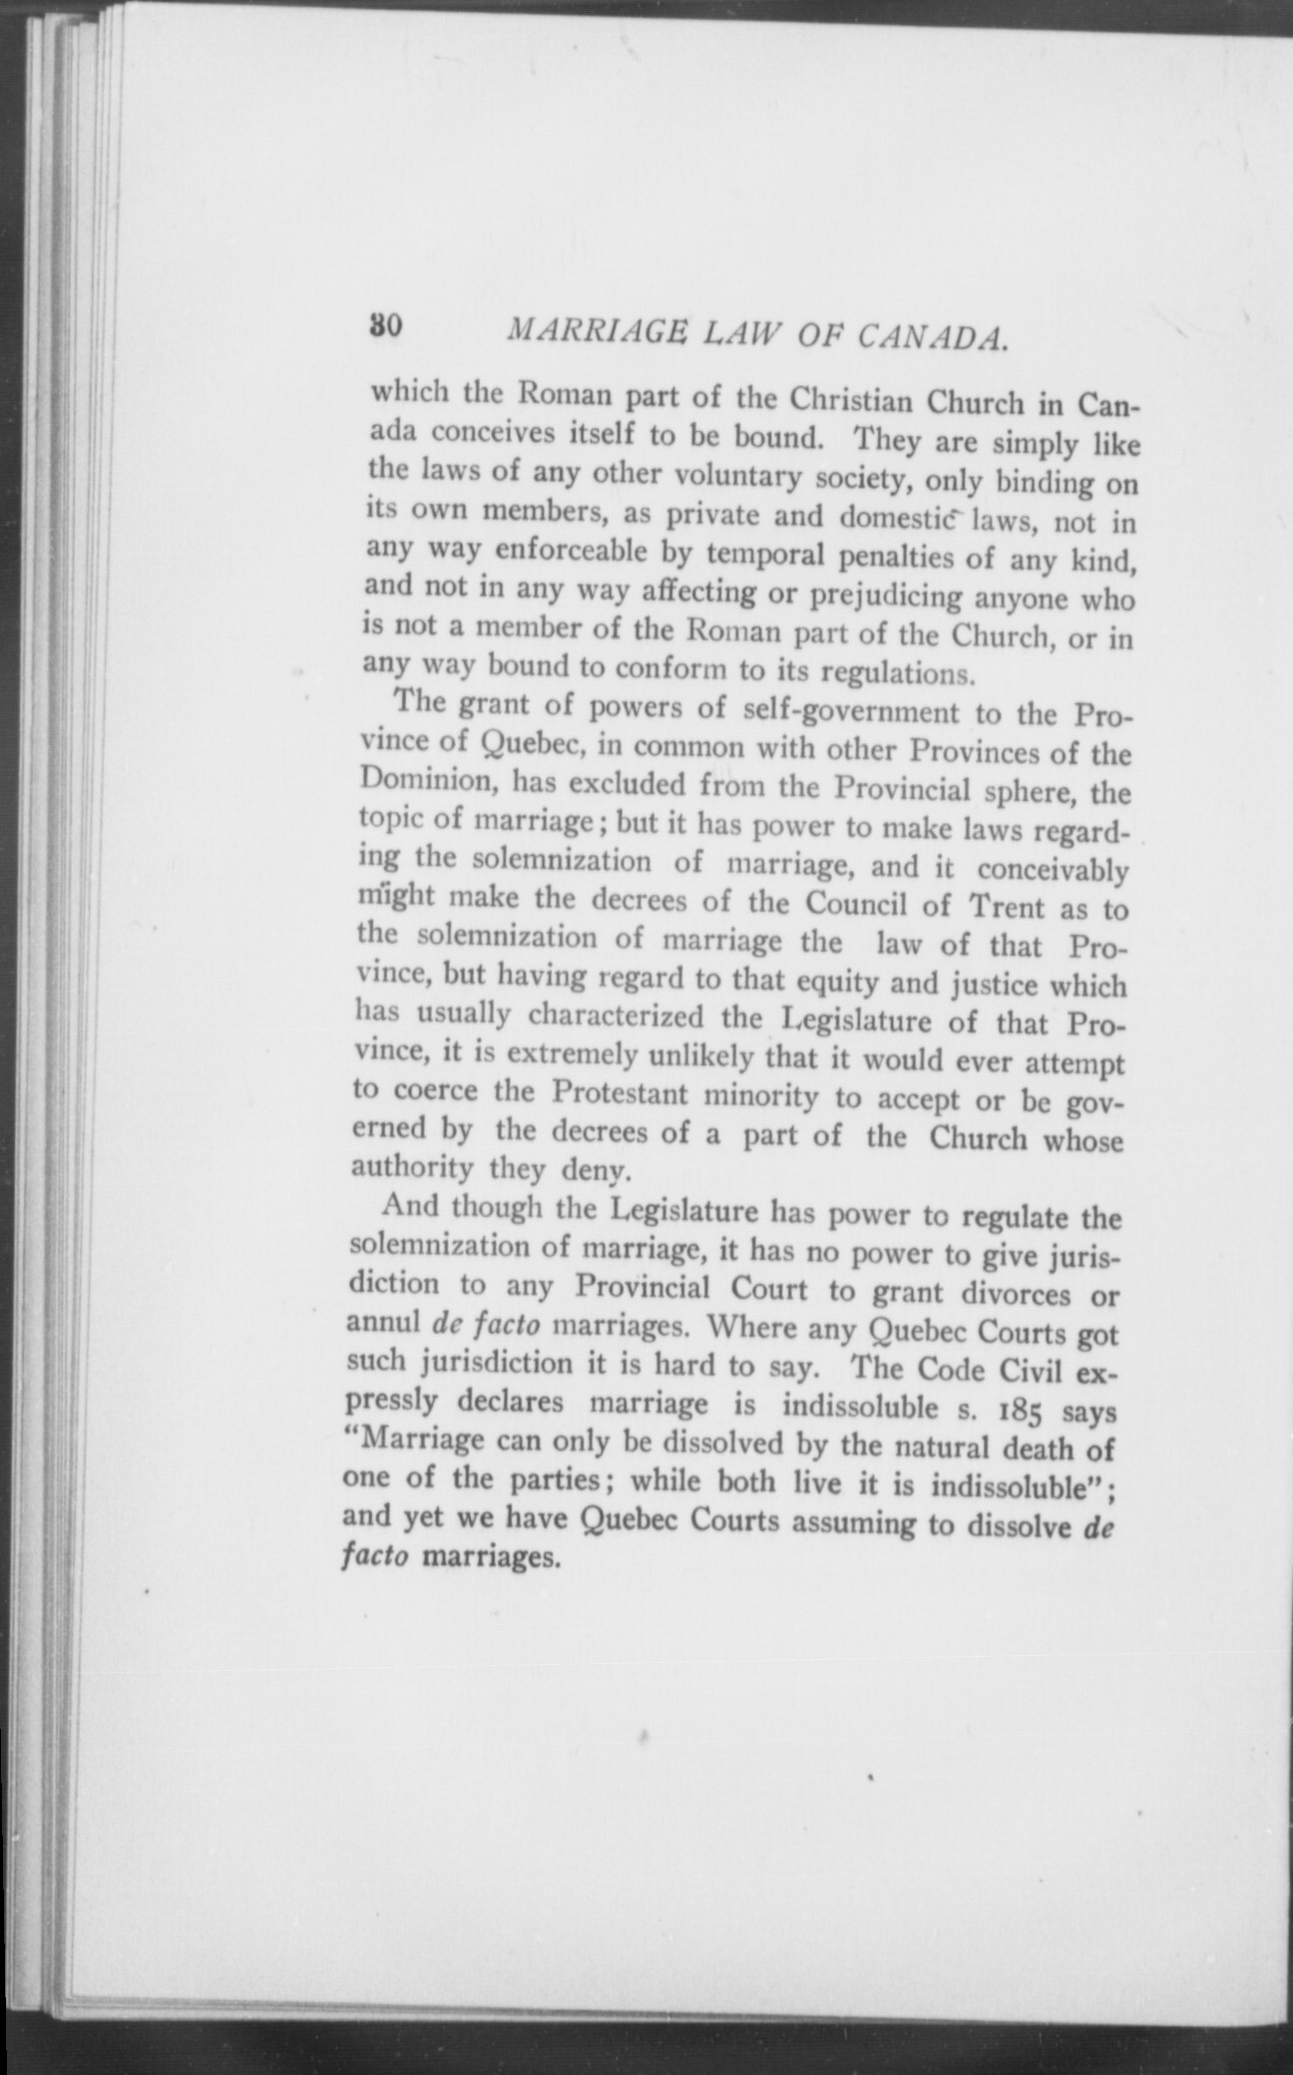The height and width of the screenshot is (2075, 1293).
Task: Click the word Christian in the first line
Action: (851, 401)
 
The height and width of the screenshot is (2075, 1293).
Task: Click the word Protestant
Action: (619, 1093)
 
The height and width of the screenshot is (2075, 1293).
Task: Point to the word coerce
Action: (433, 1091)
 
